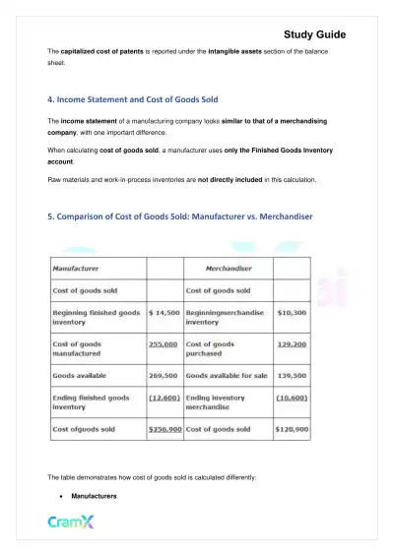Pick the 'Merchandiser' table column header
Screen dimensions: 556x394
point(231,267)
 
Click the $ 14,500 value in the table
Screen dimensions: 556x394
point(163,312)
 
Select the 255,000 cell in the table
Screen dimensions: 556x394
point(163,344)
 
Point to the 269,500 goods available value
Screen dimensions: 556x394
point(163,376)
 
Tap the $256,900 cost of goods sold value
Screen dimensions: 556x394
point(163,431)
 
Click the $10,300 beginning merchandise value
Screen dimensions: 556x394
point(293,312)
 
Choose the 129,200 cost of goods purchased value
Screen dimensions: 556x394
point(293,344)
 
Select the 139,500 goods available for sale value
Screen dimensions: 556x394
point(293,376)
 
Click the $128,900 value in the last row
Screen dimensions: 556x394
point(293,431)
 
